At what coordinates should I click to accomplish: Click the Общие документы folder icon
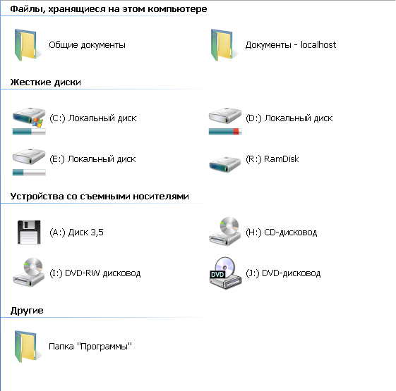point(25,45)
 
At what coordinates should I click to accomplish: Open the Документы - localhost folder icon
point(222,45)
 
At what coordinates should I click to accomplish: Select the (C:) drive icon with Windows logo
point(29,117)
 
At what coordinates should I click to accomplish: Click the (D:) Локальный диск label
point(289,118)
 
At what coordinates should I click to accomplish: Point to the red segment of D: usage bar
point(236,131)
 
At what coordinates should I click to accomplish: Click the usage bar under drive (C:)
point(29,131)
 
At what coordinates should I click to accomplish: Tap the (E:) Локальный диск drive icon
point(29,156)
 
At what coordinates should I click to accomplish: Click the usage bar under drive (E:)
point(29,172)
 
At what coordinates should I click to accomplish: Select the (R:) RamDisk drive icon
point(224,164)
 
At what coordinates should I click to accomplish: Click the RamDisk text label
point(282,159)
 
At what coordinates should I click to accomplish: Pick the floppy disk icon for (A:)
point(29,232)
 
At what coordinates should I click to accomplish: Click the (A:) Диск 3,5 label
point(76,232)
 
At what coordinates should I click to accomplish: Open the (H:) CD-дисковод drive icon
point(225,231)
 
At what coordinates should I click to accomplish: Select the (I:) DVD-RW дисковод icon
point(29,272)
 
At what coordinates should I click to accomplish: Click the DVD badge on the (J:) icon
point(217,274)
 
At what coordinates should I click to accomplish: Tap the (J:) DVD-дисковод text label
point(283,273)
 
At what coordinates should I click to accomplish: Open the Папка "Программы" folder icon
point(25,347)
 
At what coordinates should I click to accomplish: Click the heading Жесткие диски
point(45,82)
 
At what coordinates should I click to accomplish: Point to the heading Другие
point(27,311)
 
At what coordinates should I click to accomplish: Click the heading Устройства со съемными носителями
point(100,197)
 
